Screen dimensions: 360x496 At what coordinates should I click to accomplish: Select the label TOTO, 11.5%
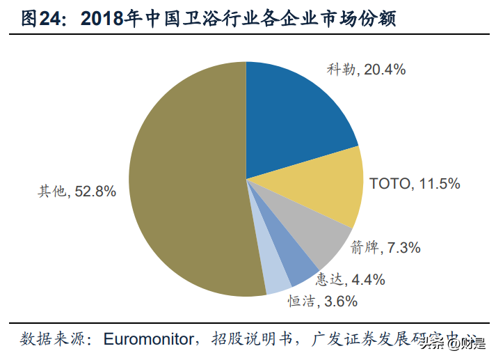point(415,184)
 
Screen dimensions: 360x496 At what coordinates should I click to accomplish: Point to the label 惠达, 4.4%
point(350,280)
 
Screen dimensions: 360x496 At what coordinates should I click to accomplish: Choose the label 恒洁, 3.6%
point(323,302)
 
